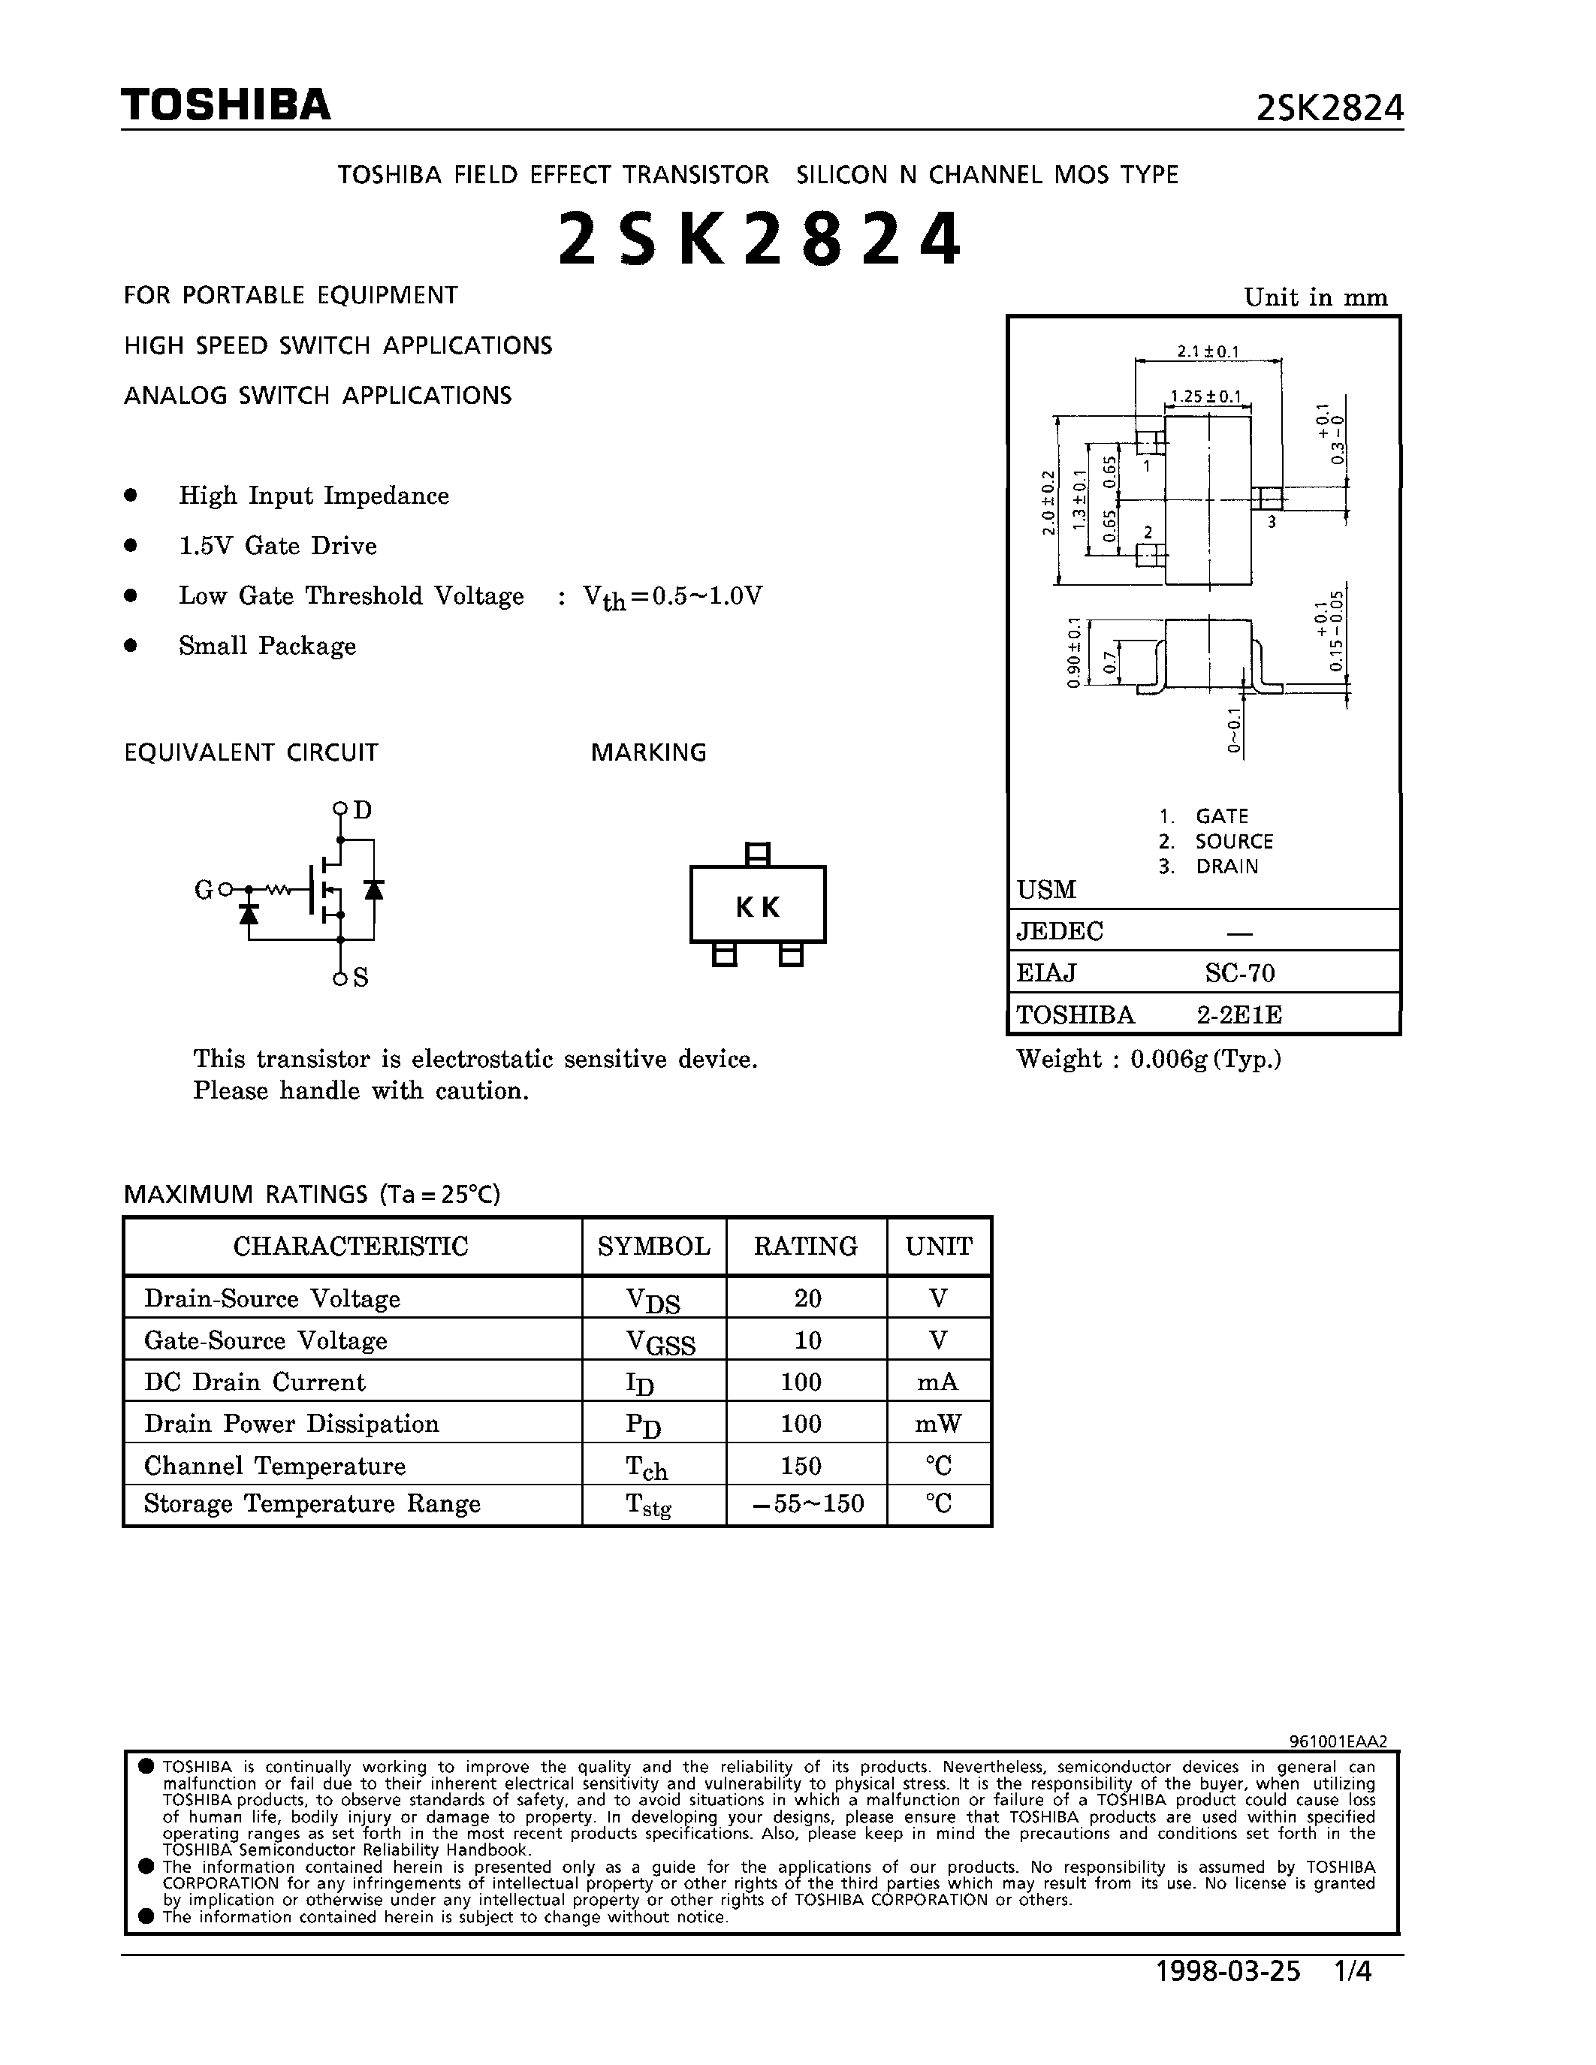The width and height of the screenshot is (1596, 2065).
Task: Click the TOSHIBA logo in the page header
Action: click(x=226, y=105)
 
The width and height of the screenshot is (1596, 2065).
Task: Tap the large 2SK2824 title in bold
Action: click(x=760, y=240)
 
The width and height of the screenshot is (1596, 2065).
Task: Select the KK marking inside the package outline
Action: click(x=757, y=908)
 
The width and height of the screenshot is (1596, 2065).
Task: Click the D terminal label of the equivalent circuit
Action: click(x=362, y=810)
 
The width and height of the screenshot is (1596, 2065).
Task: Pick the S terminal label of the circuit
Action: click(x=361, y=978)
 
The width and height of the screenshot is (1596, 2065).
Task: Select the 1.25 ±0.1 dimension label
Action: click(x=1205, y=397)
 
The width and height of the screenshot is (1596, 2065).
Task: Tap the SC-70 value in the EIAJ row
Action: click(x=1239, y=973)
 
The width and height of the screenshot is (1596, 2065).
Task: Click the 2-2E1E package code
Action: click(x=1238, y=1014)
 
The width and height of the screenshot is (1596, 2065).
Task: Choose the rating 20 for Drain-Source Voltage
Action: click(x=807, y=1298)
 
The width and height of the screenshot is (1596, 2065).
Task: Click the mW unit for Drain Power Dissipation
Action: click(x=938, y=1424)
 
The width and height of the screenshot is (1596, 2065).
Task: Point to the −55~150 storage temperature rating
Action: click(x=807, y=1503)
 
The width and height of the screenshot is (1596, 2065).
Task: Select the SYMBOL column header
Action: click(x=653, y=1247)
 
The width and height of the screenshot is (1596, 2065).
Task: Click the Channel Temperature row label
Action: click(x=274, y=1466)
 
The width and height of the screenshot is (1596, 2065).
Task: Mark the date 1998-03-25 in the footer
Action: click(x=1228, y=1971)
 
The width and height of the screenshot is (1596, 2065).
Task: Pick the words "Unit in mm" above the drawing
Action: click(x=1315, y=298)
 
